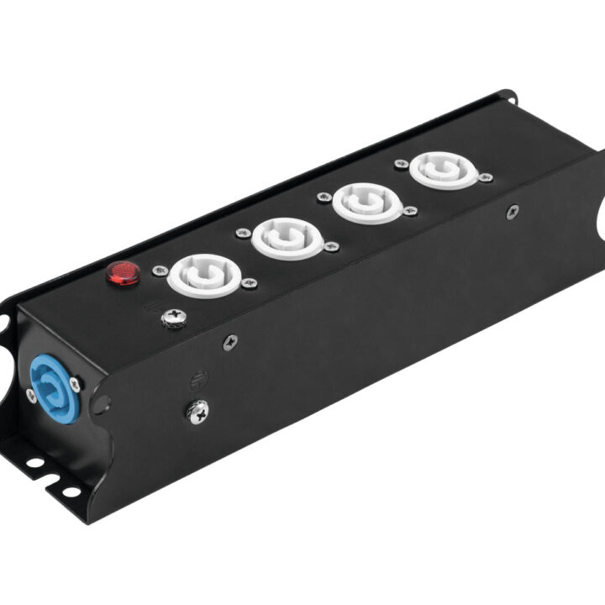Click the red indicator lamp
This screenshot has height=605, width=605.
[123, 273]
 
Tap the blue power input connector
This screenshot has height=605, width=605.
[55, 387]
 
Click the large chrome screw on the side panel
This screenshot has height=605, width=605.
[197, 410]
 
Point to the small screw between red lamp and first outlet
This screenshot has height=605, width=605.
[159, 271]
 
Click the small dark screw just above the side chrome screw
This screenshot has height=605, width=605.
[229, 341]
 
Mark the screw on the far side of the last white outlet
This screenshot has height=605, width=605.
[486, 177]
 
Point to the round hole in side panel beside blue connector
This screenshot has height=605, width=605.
[100, 405]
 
